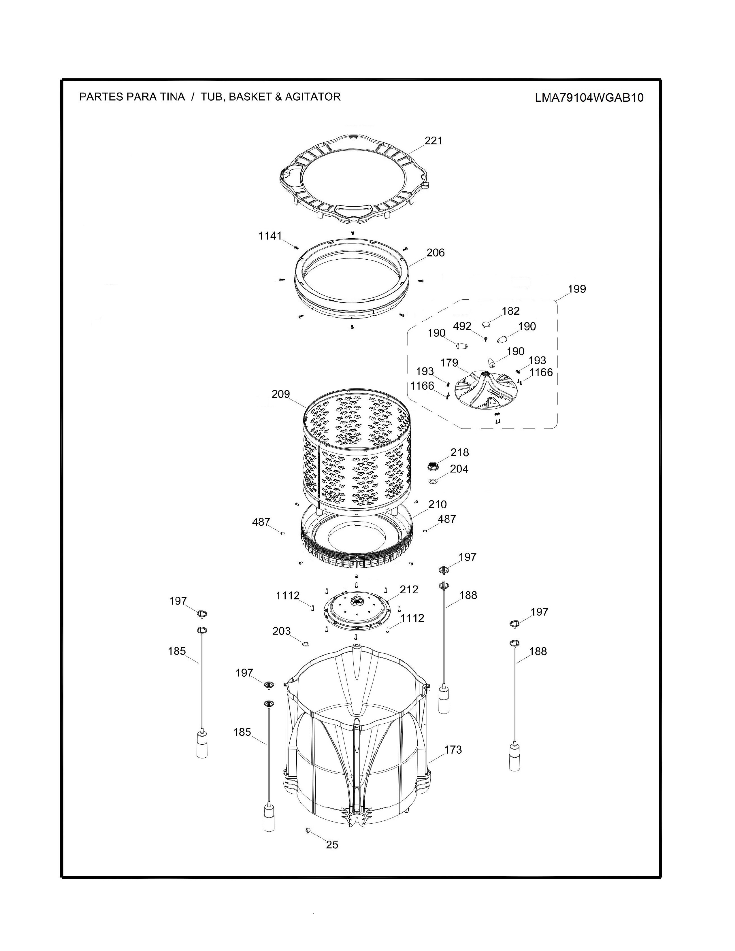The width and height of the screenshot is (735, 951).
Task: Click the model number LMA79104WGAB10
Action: click(x=589, y=97)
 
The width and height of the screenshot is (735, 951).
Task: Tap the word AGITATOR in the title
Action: click(x=313, y=97)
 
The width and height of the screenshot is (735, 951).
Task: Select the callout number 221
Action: click(x=433, y=141)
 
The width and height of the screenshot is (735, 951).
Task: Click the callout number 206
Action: click(x=436, y=252)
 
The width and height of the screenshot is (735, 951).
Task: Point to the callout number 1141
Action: click(x=270, y=236)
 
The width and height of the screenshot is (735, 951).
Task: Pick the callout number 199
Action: click(x=577, y=289)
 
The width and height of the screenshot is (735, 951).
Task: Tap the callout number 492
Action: click(x=462, y=326)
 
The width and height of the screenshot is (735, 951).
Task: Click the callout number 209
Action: click(x=280, y=394)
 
